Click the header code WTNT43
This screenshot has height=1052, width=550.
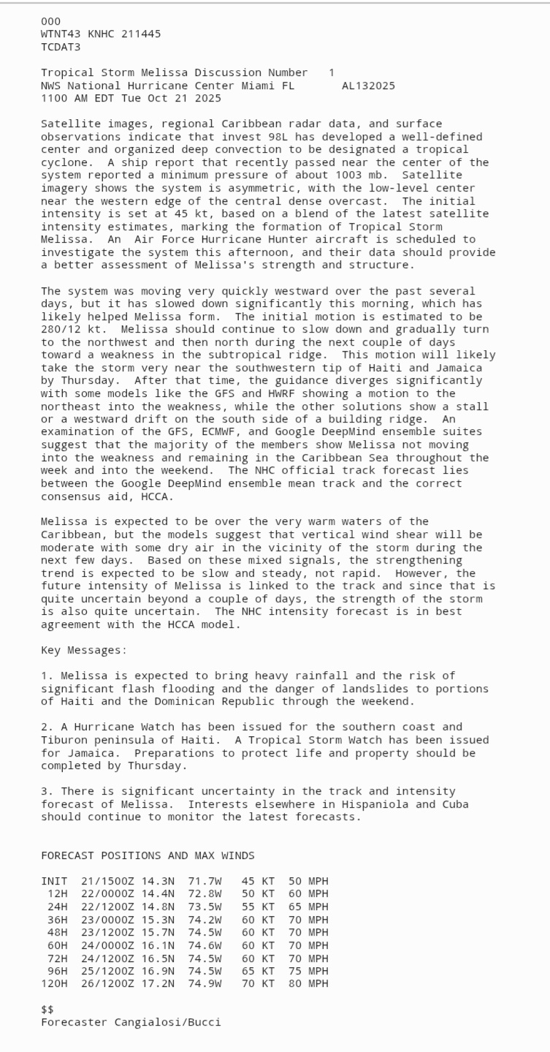(61, 34)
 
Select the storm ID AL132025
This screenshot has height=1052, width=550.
(368, 86)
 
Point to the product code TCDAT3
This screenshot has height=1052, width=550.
(61, 47)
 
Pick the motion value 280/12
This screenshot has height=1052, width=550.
(61, 330)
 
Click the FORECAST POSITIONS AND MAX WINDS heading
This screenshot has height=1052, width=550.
(148, 855)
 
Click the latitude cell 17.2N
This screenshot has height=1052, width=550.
(158, 983)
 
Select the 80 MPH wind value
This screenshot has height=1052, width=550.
(308, 983)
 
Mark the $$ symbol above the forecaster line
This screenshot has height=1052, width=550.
(47, 1009)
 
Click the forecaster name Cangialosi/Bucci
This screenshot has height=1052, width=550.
(167, 1022)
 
